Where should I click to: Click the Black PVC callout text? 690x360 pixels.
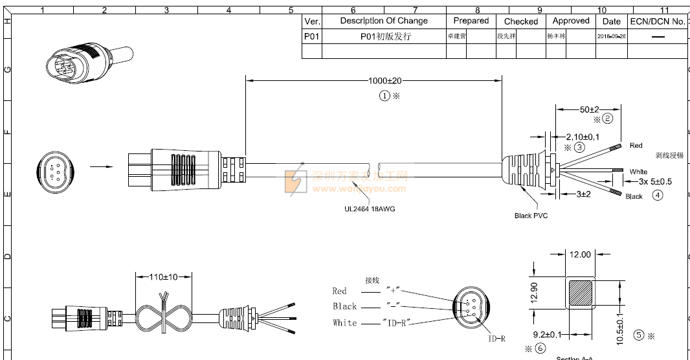tap(531, 216)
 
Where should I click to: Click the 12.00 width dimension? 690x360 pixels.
tap(580, 254)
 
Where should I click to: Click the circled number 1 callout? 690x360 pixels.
tap(385, 95)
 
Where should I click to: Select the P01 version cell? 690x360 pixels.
tap(311, 36)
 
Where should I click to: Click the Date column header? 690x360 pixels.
tap(611, 21)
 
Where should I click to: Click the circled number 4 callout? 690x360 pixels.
tap(658, 195)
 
